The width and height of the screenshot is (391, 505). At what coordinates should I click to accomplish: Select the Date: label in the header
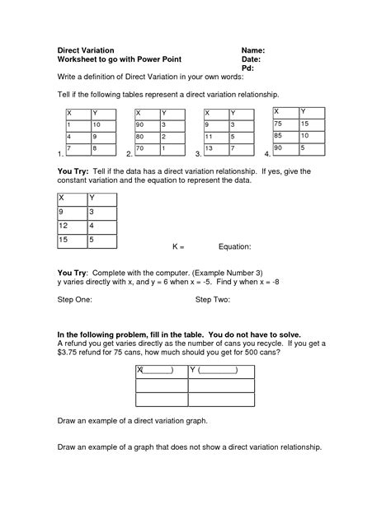[x=252, y=59]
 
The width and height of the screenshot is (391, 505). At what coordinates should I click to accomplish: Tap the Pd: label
[x=247, y=68]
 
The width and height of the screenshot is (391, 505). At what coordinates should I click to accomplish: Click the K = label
[x=178, y=246]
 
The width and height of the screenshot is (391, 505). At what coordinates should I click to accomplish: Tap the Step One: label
[x=75, y=302]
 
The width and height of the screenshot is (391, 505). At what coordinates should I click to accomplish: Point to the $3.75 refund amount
[x=68, y=352]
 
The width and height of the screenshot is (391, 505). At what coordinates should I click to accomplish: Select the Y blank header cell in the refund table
[x=214, y=370]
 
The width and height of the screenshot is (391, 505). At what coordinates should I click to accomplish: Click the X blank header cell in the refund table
[x=155, y=370]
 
